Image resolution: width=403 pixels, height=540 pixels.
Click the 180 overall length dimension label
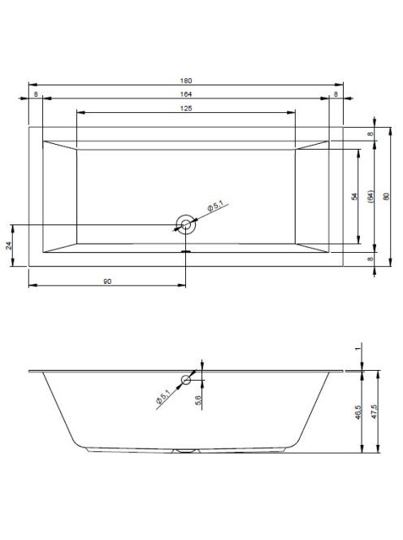tap(186, 81)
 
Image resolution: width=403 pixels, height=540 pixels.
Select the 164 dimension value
tap(186, 94)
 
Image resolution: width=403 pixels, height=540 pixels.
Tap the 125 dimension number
tap(186, 108)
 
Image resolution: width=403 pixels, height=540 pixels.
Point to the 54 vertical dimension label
tap(354, 196)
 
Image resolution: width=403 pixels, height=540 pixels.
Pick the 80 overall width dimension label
tap(386, 197)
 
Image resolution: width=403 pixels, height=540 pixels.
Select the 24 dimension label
tap(9, 246)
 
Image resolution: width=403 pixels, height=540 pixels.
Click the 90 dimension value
tap(107, 281)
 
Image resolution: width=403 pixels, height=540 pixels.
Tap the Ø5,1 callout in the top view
tap(215, 207)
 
